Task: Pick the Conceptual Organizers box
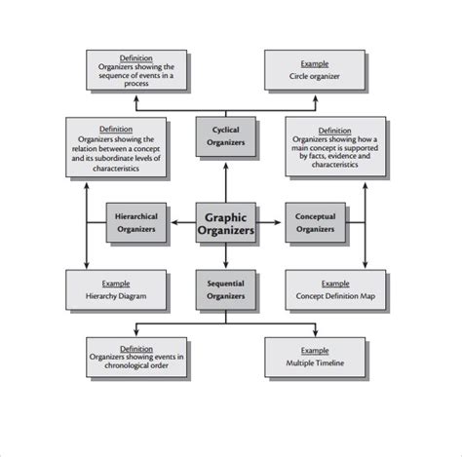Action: (315, 223)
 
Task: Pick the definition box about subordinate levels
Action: (116, 147)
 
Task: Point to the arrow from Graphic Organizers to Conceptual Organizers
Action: (272, 223)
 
